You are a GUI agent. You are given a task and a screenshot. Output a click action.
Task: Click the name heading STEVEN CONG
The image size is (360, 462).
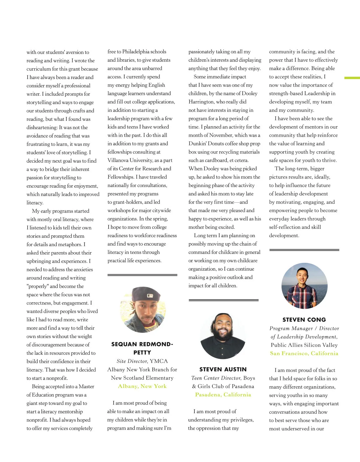(x=304, y=320)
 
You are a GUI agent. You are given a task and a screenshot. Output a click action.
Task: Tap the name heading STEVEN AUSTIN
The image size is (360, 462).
(x=223, y=369)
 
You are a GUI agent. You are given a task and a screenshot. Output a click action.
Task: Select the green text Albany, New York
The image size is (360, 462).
(x=142, y=386)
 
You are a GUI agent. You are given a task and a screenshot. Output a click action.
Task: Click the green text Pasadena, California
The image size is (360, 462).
(x=223, y=395)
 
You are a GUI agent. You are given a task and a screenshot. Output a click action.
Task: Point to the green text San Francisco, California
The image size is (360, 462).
(x=304, y=353)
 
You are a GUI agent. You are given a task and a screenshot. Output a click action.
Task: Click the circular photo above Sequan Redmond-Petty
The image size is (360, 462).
(x=142, y=310)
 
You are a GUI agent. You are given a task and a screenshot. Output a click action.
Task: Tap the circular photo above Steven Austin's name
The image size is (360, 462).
(x=223, y=336)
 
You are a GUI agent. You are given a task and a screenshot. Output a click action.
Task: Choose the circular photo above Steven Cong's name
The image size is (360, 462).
(x=304, y=286)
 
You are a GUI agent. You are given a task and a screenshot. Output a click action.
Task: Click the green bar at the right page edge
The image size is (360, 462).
(x=352, y=78)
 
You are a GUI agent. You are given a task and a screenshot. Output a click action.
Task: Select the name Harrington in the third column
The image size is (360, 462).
(x=201, y=102)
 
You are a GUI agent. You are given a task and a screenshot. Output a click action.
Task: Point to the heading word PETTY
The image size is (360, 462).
(x=142, y=353)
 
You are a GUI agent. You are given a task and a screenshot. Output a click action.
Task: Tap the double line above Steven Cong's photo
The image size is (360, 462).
(x=304, y=250)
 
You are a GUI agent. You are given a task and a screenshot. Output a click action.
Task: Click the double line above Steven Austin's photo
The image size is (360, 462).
(x=223, y=300)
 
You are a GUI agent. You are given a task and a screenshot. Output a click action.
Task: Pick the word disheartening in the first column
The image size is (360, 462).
(x=41, y=127)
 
